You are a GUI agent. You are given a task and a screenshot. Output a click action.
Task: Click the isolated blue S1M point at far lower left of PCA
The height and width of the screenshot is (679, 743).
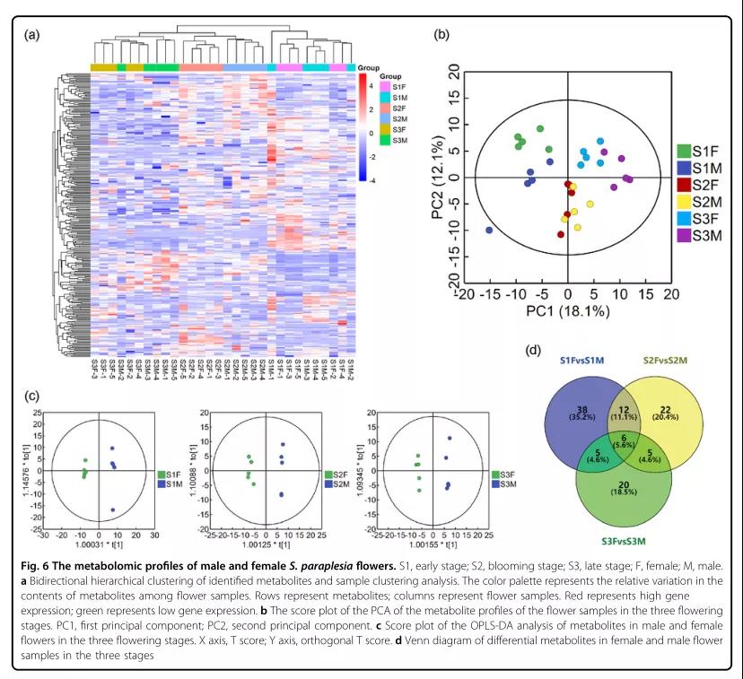tap(489, 231)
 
